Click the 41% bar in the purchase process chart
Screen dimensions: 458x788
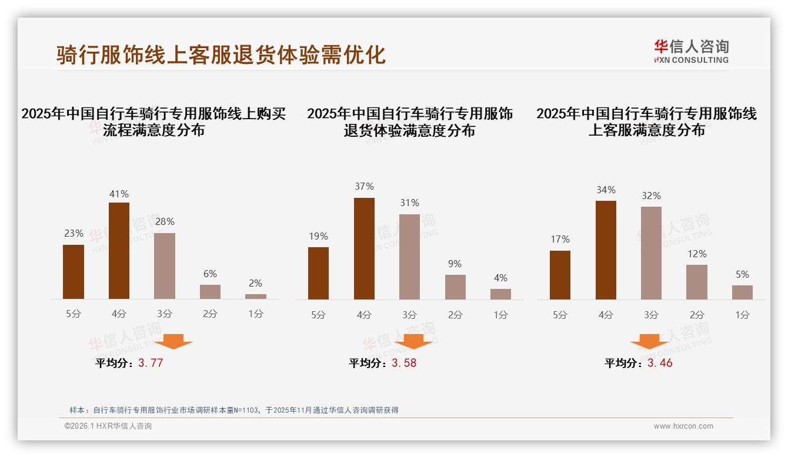click(119, 251)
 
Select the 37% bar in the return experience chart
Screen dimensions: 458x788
click(364, 248)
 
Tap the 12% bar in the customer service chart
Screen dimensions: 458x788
click(697, 282)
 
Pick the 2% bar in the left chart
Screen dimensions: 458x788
click(256, 297)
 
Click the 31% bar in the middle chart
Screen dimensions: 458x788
click(409, 257)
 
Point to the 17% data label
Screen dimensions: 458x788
click(560, 240)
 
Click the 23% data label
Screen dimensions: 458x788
click(74, 234)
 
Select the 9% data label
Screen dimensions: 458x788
click(455, 264)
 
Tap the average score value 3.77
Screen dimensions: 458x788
click(151, 363)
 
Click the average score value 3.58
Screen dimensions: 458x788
click(404, 363)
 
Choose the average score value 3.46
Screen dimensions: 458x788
click(660, 363)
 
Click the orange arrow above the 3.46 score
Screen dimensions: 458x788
click(649, 341)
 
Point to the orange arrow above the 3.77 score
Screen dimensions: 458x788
click(173, 341)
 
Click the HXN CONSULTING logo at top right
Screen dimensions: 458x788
click(691, 51)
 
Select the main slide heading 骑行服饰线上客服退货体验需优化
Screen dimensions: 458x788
click(221, 55)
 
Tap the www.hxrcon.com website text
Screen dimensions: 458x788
click(683, 426)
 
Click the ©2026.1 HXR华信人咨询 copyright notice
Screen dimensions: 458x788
click(108, 426)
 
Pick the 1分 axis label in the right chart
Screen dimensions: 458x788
click(742, 315)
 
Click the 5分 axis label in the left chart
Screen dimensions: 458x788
click(74, 314)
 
